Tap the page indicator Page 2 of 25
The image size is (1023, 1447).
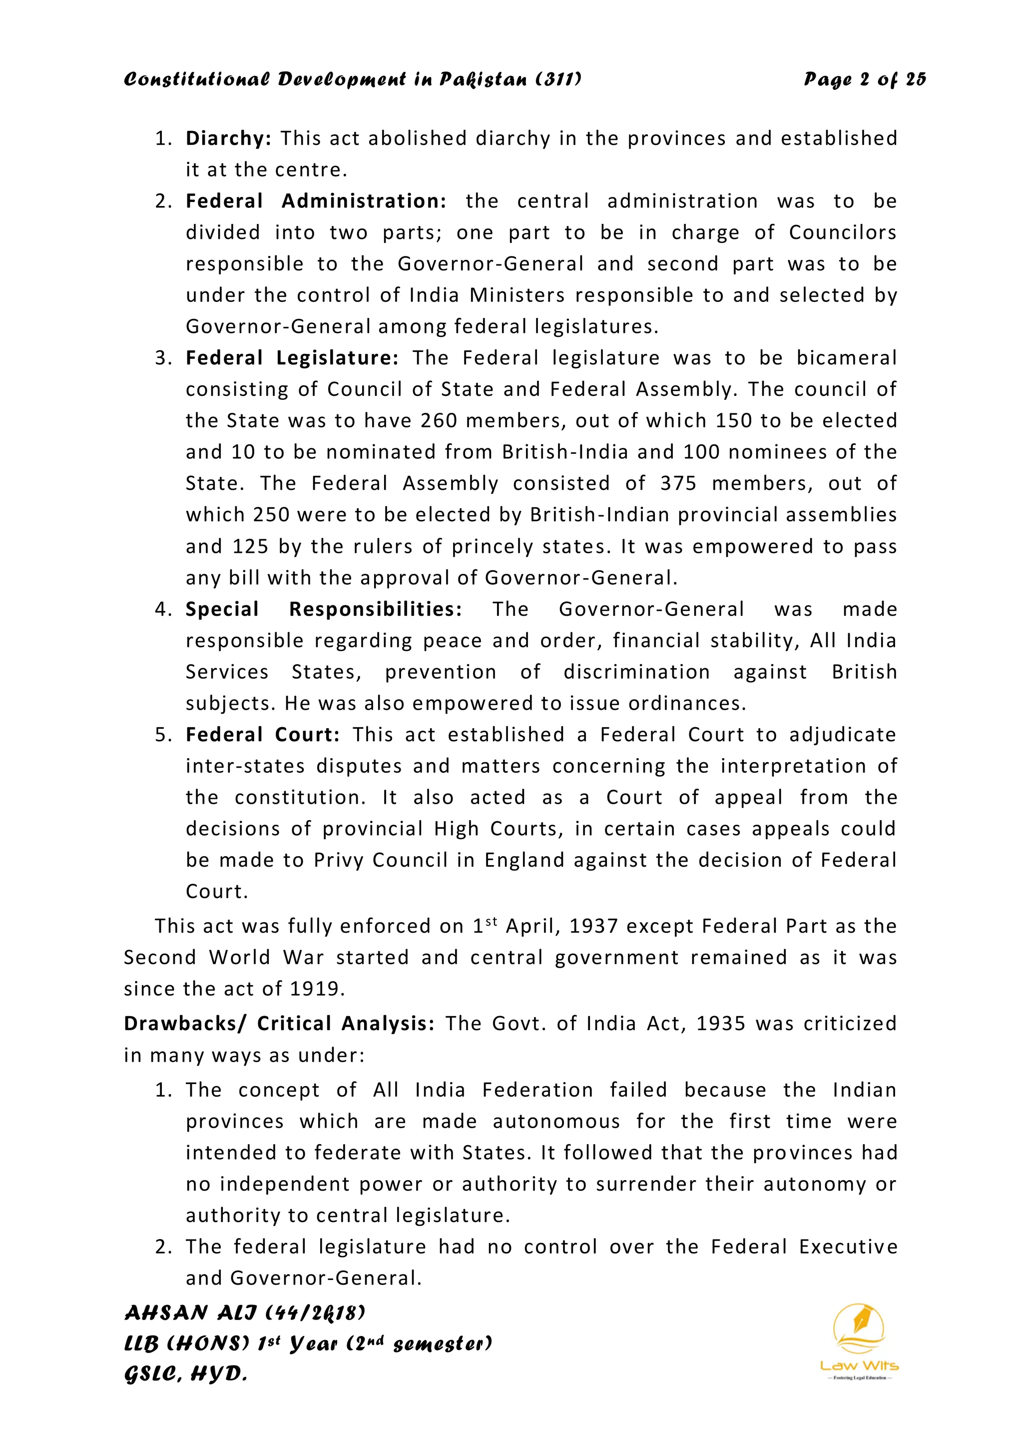pos(864,79)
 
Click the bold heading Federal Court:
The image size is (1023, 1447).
pos(263,735)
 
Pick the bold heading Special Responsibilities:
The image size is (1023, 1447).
pos(324,609)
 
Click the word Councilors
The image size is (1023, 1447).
pos(842,232)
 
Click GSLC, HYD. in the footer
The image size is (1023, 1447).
pos(186,1375)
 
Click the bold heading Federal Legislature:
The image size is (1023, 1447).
pos(292,358)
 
